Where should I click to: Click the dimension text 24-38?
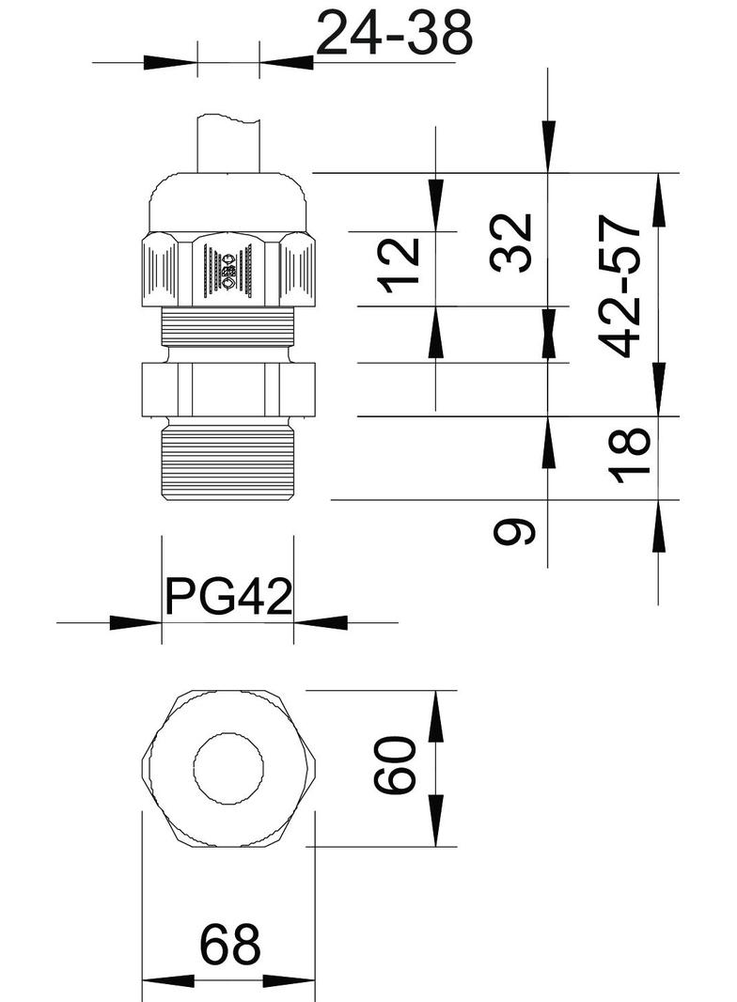pos(393,35)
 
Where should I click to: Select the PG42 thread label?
pos(228,595)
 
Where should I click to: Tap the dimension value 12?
pos(400,266)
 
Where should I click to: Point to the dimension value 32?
pos(512,243)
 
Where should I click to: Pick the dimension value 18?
pos(635,455)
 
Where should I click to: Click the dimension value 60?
pos(396,766)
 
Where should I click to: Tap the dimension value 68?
pos(228,946)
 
